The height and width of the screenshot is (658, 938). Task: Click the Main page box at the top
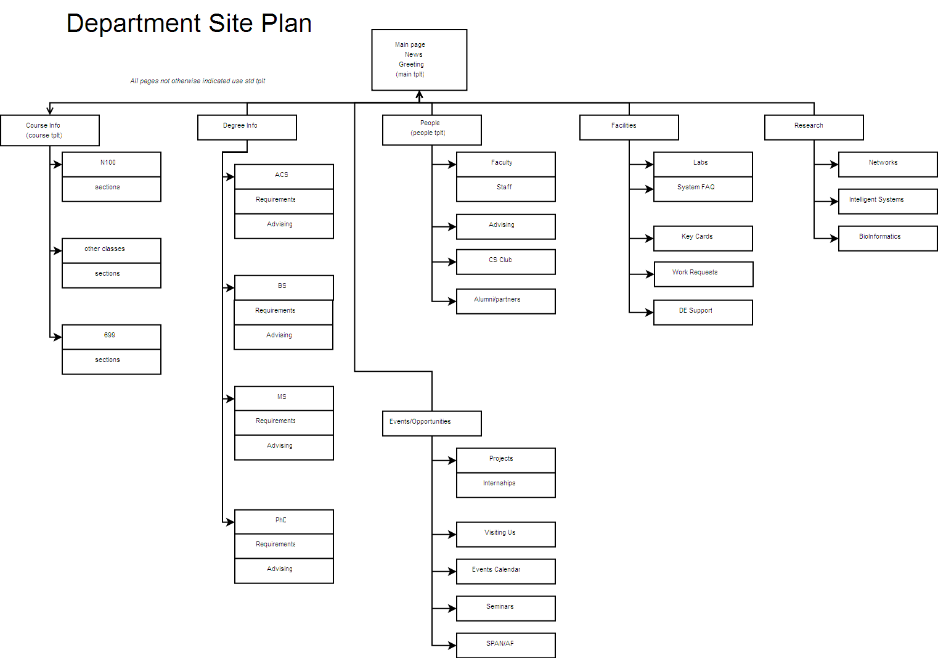click(419, 60)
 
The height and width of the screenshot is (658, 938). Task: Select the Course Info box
click(50, 130)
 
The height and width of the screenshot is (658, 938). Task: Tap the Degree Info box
click(247, 128)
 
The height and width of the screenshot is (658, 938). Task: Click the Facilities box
click(629, 128)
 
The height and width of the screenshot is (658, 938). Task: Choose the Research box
click(814, 128)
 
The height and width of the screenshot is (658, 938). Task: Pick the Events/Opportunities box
click(432, 423)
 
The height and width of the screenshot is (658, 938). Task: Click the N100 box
click(112, 164)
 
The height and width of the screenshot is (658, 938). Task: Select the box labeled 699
click(112, 337)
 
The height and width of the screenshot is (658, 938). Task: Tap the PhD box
click(284, 522)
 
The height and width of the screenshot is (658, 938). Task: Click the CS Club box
click(506, 262)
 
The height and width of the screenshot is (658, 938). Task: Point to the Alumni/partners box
click(506, 302)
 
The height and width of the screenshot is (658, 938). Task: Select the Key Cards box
click(703, 239)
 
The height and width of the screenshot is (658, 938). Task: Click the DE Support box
click(703, 312)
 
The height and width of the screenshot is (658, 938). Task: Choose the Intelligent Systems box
click(887, 202)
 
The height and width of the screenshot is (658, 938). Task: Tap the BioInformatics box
click(887, 239)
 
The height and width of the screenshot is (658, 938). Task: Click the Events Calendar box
click(506, 571)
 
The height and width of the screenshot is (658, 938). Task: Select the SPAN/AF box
click(506, 646)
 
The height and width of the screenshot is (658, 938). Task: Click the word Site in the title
click(230, 23)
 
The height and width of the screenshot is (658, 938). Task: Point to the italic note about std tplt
click(198, 81)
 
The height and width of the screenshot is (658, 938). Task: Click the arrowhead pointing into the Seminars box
click(452, 608)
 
